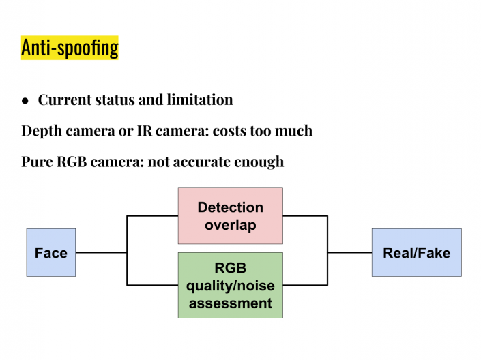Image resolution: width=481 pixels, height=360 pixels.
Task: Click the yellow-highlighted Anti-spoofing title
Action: click(70, 48)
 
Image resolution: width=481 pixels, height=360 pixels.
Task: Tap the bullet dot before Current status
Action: click(25, 100)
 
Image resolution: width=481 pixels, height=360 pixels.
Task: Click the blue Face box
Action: click(51, 252)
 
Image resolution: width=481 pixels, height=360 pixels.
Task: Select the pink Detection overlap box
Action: click(230, 215)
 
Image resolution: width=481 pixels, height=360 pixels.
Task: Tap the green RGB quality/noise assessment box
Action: click(230, 285)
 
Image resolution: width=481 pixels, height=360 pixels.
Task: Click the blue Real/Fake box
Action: click(416, 252)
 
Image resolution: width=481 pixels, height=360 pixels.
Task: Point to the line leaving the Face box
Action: click(101, 252)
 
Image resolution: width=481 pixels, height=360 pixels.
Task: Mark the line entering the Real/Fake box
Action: click(349, 252)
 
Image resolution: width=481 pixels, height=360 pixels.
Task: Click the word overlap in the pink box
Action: click(230, 224)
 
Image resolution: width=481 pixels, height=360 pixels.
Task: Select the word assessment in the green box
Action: click(230, 303)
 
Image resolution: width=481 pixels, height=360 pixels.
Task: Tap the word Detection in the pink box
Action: click(230, 207)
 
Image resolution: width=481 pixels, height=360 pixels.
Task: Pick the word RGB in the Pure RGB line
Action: click(76, 162)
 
